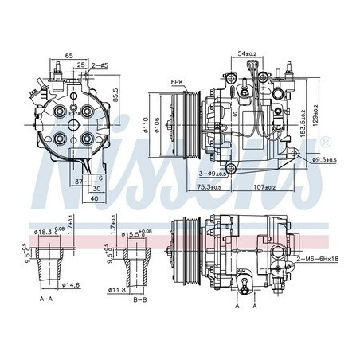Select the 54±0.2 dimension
coord(247,53)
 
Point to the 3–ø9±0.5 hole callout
coord(225,173)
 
